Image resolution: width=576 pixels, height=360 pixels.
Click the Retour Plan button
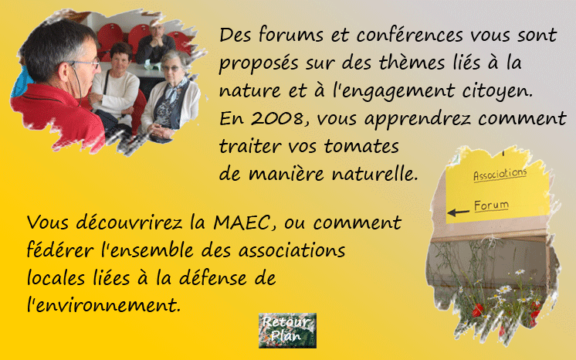coord(287,330)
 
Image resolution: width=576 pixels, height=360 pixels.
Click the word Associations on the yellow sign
coord(500,175)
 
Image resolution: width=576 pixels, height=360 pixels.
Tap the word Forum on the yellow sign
coord(491,205)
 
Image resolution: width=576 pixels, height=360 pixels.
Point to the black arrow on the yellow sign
coord(458,212)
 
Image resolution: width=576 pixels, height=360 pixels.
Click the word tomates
coord(361,146)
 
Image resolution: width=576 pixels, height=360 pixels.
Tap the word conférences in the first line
coord(409,35)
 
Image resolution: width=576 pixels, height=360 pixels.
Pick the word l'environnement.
coord(103,304)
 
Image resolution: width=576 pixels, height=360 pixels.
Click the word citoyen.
coord(497,91)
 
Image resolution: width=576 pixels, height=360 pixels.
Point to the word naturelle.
coord(374,174)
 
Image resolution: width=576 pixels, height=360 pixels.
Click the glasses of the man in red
coord(86,63)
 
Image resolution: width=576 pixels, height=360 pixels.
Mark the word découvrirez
coord(129,222)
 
